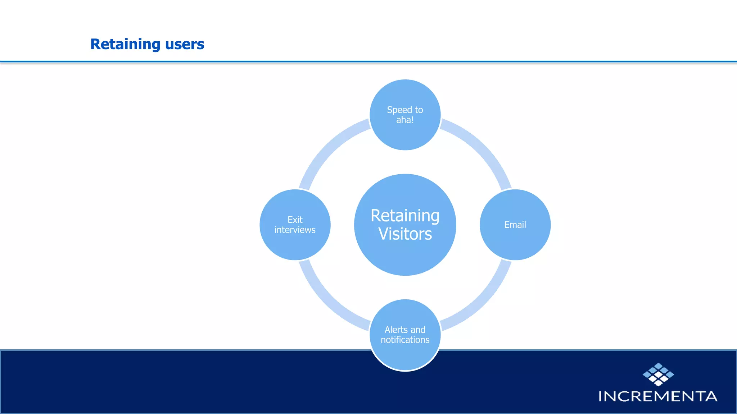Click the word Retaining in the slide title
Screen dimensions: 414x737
[x=125, y=44]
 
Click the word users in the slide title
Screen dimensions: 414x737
[x=184, y=44]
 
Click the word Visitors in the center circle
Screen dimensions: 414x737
[x=405, y=234]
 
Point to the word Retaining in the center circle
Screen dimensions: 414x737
[x=405, y=216]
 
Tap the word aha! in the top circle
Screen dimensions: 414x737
[x=405, y=120]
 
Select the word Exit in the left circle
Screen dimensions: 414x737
[x=295, y=220]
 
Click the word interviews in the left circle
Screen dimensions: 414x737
[x=295, y=230]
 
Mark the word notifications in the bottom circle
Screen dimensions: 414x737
[x=405, y=340]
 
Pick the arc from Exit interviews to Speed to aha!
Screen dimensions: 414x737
[x=327, y=147]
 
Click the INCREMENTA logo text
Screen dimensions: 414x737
[x=658, y=396]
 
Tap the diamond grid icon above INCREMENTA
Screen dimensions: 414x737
[x=658, y=374]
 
